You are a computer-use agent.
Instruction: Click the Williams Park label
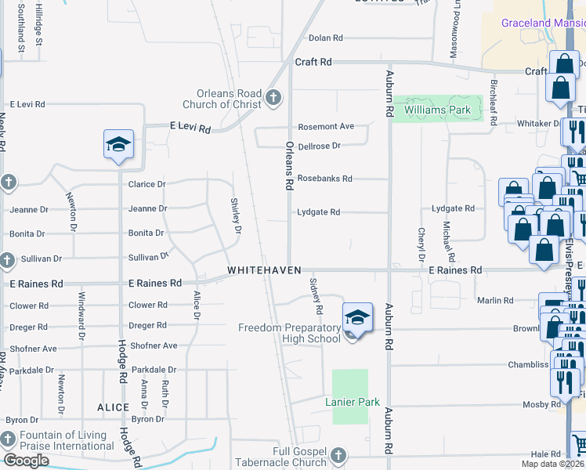point(438,110)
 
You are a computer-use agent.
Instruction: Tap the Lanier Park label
point(353,403)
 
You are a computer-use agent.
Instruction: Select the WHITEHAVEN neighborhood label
point(259,270)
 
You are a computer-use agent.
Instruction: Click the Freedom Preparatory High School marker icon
point(357,317)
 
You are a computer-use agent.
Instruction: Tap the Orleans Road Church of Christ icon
point(273,97)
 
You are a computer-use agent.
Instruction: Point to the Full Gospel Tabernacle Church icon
point(338,455)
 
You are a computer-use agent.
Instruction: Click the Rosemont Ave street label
point(326,127)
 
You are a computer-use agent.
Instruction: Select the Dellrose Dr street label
point(320,146)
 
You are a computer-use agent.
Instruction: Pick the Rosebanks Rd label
point(324,179)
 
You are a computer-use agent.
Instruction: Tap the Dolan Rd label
point(326,38)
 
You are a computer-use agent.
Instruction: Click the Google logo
point(26,461)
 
